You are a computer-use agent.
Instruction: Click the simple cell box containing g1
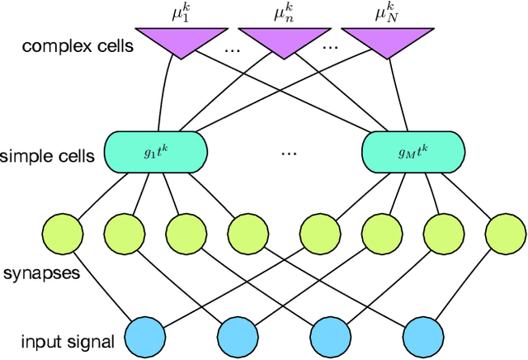click(154, 152)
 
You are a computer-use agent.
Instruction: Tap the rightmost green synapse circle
click(505, 234)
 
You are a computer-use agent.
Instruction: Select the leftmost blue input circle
click(144, 338)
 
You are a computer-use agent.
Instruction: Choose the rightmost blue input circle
click(424, 338)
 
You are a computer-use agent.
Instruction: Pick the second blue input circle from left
click(238, 338)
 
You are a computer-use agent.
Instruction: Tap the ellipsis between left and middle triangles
click(233, 47)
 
